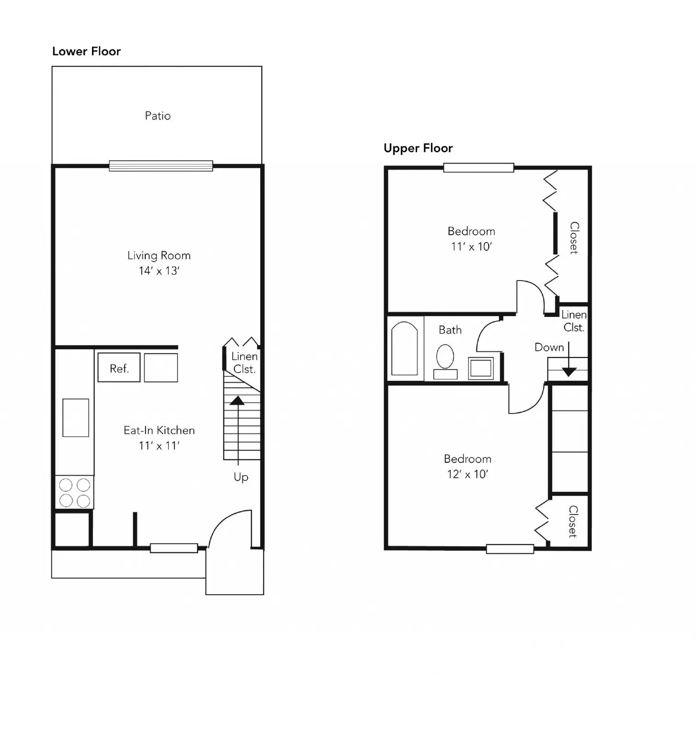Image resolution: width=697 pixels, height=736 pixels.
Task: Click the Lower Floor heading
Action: tap(86, 51)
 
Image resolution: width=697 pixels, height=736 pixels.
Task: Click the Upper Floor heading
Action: tap(418, 148)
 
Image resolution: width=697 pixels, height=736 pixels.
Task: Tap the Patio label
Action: tap(158, 116)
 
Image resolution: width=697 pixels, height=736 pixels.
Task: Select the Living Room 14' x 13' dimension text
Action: tap(159, 271)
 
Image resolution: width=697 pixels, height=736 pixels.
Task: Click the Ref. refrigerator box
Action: tap(119, 368)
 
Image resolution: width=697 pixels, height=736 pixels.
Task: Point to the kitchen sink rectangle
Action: tap(76, 418)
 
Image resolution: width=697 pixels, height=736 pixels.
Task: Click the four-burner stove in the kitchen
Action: tap(74, 492)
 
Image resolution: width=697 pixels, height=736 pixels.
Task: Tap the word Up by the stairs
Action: tap(241, 477)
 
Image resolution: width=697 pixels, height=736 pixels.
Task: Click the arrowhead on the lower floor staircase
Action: tap(237, 400)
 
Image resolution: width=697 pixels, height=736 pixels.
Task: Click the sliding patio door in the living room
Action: tap(161, 166)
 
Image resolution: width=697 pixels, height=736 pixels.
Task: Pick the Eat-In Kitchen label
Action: tap(159, 431)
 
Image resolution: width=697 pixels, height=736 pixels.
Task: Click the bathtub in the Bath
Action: tap(405, 348)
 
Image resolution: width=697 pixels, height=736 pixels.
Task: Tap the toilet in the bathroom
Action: tap(445, 356)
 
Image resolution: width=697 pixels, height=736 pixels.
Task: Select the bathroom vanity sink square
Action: tap(481, 368)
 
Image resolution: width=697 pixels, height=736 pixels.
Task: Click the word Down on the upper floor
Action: tap(549, 347)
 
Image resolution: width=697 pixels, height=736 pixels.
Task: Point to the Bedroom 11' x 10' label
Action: tap(471, 238)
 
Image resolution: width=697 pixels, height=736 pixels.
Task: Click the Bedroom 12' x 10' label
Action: tap(468, 466)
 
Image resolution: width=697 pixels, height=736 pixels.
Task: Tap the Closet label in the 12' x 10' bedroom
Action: tap(573, 521)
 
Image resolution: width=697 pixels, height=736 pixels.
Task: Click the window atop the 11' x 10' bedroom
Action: tap(479, 168)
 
